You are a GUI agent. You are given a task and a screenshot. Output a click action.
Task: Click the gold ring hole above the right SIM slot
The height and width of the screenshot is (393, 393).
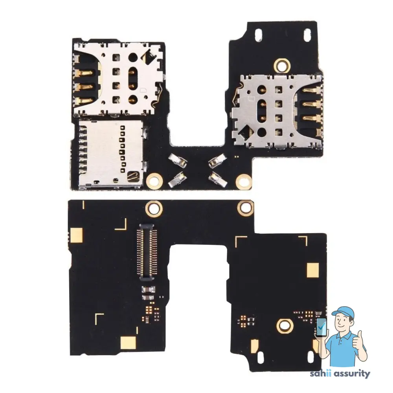tap(281, 64)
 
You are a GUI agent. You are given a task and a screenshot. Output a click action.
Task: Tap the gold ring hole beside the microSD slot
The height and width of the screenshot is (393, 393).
tap(154, 180)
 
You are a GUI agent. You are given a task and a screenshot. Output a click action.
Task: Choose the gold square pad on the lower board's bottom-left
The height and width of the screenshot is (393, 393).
tap(127, 342)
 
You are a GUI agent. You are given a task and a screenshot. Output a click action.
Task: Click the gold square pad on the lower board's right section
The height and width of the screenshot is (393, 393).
tap(312, 270)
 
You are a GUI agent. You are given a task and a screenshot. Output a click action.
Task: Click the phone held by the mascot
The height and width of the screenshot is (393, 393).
tap(321, 327)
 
